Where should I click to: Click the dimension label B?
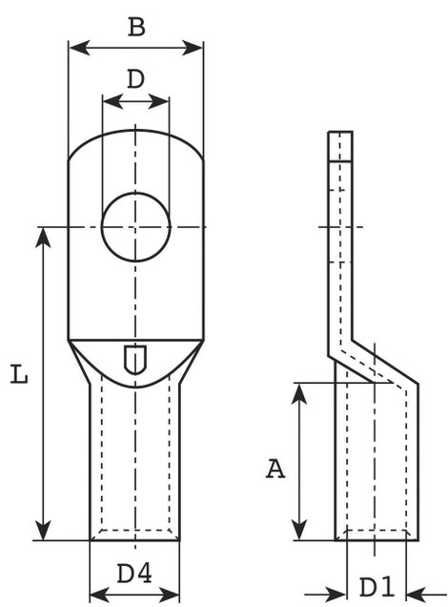click(136, 28)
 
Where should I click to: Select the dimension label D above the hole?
click(135, 79)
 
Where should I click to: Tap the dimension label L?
click(19, 374)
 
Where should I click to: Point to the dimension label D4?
click(134, 574)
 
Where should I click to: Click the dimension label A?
click(275, 469)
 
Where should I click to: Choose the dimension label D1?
click(377, 587)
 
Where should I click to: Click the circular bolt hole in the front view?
click(135, 227)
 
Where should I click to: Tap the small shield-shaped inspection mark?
click(135, 359)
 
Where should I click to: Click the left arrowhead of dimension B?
click(79, 48)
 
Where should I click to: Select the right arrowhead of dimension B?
click(193, 48)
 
